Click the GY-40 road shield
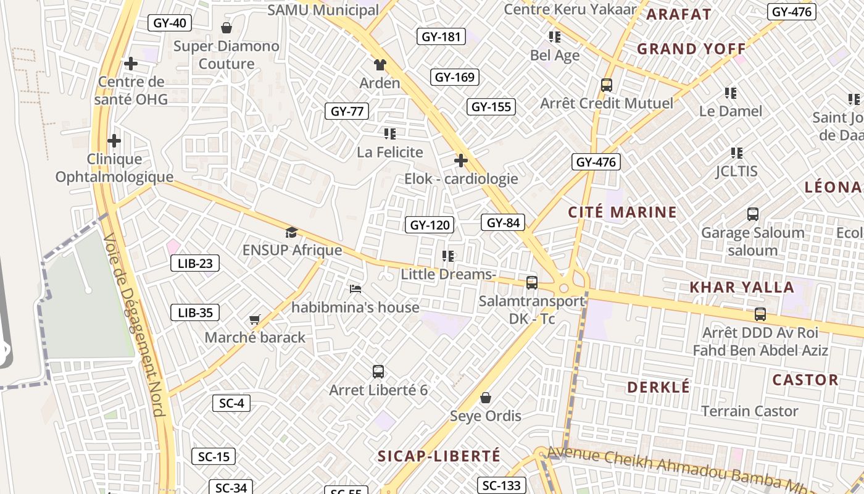tap(170, 23)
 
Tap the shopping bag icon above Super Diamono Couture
tap(226, 28)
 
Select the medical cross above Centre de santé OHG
tap(131, 64)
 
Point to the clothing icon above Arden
tap(380, 65)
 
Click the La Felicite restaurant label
tap(390, 152)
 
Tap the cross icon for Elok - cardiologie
tap(460, 161)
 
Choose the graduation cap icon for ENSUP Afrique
tap(291, 232)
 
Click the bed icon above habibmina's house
tap(355, 289)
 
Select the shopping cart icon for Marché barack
tap(255, 319)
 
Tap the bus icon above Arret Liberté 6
tap(378, 372)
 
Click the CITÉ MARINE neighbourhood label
tap(622, 212)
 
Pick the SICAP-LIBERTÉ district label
tap(439, 456)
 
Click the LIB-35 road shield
tap(195, 312)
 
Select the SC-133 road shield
tap(502, 486)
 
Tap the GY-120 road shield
tap(430, 225)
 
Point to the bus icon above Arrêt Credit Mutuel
tap(607, 85)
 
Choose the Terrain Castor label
tap(750, 411)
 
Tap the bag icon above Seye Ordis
tap(486, 397)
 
